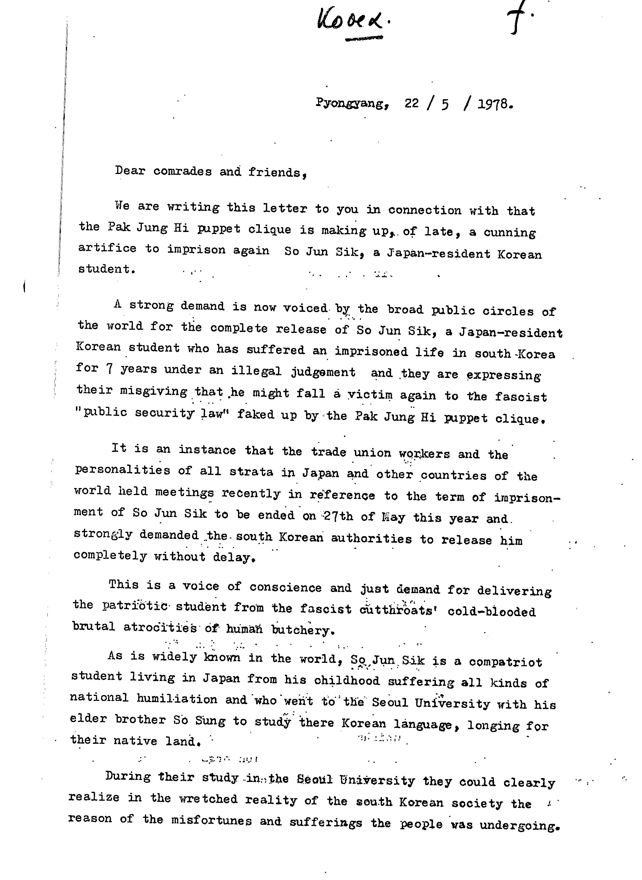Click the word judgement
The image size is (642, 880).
click(x=323, y=372)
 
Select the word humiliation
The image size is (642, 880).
click(x=177, y=699)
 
